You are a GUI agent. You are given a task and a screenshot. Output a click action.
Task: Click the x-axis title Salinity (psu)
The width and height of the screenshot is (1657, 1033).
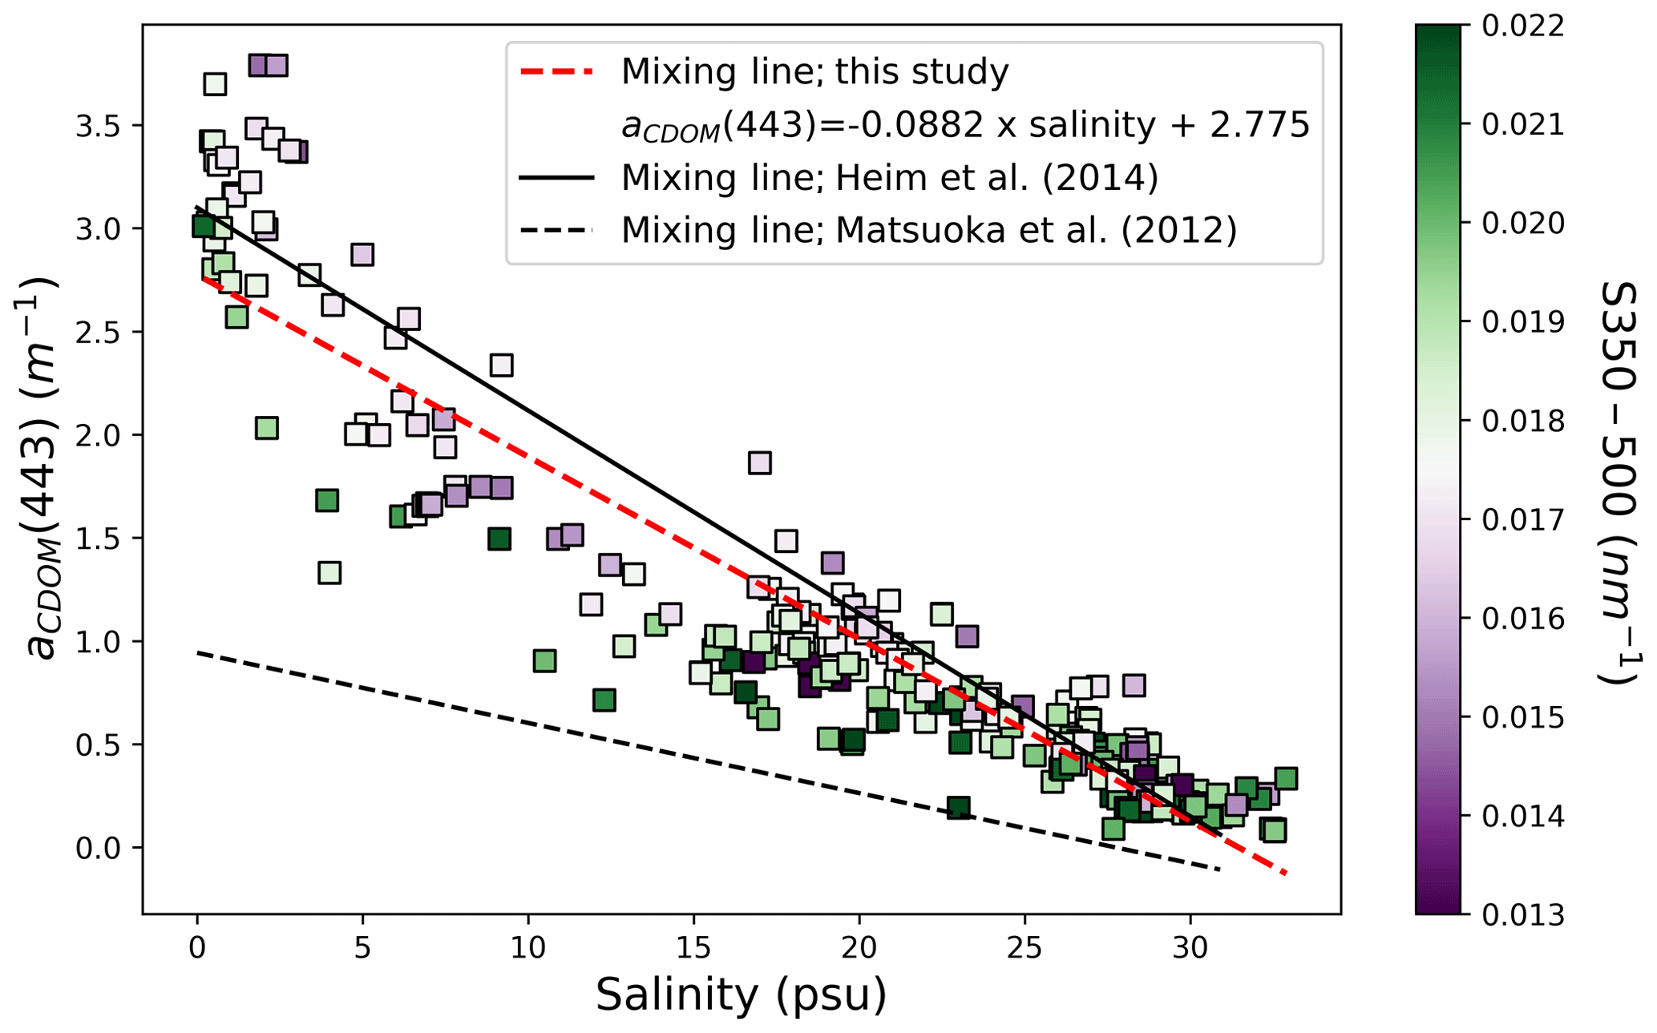pyautogui.click(x=741, y=995)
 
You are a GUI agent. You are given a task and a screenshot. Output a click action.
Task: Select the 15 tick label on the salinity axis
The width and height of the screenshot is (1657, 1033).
pyautogui.click(x=693, y=949)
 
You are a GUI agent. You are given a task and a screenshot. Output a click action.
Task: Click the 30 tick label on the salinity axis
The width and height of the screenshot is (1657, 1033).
pyautogui.click(x=1190, y=949)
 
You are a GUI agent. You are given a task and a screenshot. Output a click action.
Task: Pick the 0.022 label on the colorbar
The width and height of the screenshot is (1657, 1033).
pyautogui.click(x=1522, y=26)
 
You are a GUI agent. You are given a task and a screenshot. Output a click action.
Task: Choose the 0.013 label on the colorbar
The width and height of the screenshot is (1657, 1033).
pyautogui.click(x=1522, y=914)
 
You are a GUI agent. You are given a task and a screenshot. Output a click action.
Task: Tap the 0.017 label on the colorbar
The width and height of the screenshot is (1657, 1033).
pyautogui.click(x=1522, y=520)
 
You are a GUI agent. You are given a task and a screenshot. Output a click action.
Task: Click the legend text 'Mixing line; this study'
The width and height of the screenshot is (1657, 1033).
pyautogui.click(x=814, y=72)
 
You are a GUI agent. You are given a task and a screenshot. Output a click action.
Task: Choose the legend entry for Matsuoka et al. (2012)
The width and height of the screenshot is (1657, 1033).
pyautogui.click(x=929, y=231)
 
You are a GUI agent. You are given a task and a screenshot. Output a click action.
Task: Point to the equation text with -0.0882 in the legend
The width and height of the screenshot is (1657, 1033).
pyautogui.click(x=965, y=125)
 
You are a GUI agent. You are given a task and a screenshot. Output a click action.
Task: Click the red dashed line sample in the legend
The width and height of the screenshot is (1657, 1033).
pyautogui.click(x=557, y=72)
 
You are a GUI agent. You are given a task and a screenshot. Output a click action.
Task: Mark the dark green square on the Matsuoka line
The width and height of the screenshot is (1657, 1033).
pyautogui.click(x=958, y=808)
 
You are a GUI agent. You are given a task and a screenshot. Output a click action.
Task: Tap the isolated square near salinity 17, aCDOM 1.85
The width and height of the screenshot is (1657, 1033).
pyautogui.click(x=760, y=462)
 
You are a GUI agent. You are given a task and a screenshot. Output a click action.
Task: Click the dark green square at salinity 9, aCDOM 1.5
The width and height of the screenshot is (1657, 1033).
pyautogui.click(x=499, y=539)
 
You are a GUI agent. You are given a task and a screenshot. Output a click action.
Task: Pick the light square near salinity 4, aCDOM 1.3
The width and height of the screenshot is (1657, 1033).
pyautogui.click(x=329, y=573)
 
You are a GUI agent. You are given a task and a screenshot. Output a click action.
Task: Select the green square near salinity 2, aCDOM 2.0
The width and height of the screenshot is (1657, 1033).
pyautogui.click(x=267, y=428)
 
